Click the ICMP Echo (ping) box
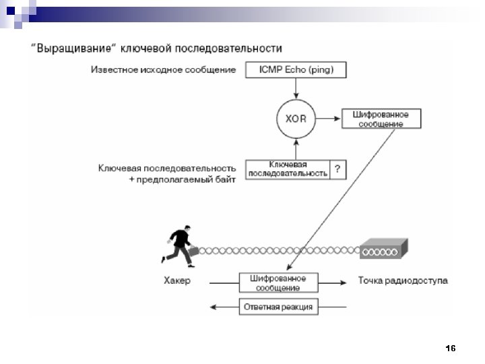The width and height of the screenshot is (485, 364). (x=295, y=69)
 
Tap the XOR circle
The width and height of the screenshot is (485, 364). (x=295, y=119)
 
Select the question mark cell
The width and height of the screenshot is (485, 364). (x=337, y=169)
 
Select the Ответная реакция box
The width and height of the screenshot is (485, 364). (x=278, y=307)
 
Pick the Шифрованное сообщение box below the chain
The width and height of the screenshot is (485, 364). (x=278, y=283)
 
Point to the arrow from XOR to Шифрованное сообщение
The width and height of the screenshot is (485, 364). (x=329, y=119)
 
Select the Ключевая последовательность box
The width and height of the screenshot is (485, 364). (x=288, y=169)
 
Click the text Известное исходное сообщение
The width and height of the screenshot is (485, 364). (x=164, y=69)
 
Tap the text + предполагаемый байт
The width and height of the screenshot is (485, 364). (x=182, y=180)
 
